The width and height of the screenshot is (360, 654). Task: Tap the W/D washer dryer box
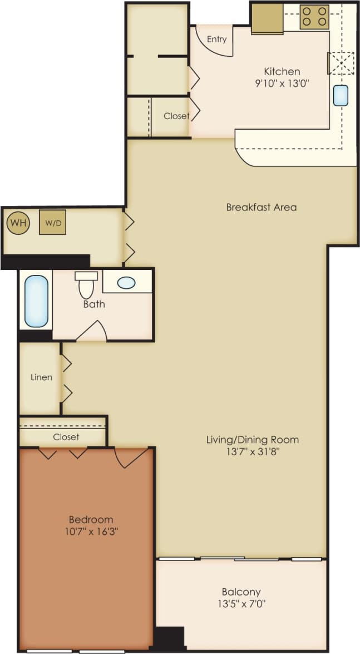tap(52, 222)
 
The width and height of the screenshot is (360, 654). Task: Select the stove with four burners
tap(314, 17)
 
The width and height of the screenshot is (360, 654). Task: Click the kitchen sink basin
tap(341, 95)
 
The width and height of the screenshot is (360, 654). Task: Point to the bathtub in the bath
tap(36, 302)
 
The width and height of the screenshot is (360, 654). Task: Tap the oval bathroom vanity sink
tap(126, 283)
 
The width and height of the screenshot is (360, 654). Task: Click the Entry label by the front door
tap(216, 40)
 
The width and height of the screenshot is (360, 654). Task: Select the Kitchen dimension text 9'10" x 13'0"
tap(282, 84)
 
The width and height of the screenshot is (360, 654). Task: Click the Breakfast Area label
tap(261, 207)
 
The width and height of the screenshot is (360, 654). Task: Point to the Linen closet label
tap(41, 377)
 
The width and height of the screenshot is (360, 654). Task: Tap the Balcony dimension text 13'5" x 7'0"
tap(241, 603)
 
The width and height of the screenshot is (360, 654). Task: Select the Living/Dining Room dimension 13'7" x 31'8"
tap(252, 451)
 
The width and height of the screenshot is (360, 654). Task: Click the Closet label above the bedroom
tap(66, 437)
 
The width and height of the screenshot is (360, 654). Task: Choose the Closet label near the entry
tap(176, 116)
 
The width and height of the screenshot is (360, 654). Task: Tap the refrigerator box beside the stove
tap(267, 18)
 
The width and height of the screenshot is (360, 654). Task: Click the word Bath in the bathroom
tap(94, 304)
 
